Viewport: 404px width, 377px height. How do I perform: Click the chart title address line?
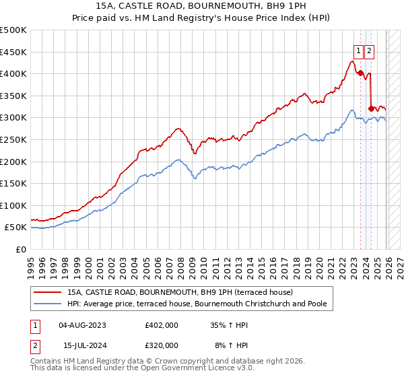tap(202, 7)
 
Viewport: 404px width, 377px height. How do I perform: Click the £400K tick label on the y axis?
tap(14, 74)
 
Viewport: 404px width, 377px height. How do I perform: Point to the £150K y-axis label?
tap(14, 184)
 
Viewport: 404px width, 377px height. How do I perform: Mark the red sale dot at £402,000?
tap(360, 73)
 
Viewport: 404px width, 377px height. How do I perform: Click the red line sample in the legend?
tap(48, 293)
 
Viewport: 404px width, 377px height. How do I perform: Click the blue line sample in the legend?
tap(48, 304)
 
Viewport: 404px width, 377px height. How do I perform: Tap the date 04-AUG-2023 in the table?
tap(82, 325)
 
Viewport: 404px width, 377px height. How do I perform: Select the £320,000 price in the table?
tap(162, 345)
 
